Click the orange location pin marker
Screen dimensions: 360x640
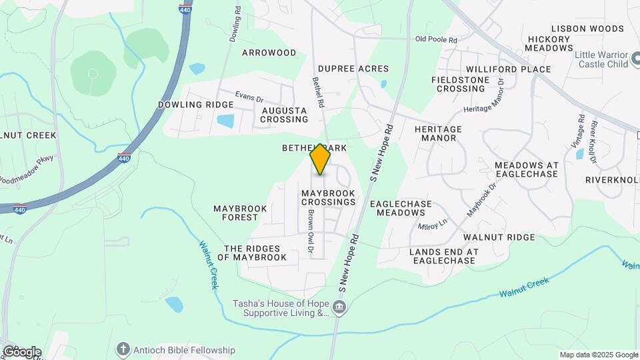click(x=320, y=159)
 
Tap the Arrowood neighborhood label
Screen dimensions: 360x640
click(x=269, y=53)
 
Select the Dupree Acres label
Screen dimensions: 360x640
click(x=353, y=69)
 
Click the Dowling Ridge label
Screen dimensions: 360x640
click(x=195, y=105)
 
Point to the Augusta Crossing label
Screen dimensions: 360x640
click(x=284, y=115)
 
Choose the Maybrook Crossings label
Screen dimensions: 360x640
click(x=329, y=197)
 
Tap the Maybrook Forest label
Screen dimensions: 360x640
click(x=240, y=213)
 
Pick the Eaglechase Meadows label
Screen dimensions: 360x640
click(x=401, y=208)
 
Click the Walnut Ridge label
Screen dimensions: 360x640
click(x=499, y=237)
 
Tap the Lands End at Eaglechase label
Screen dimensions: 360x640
click(x=444, y=256)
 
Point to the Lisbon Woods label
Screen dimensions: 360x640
click(x=587, y=29)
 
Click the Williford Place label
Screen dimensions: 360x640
click(x=508, y=69)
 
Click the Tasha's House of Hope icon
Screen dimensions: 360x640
click(x=340, y=307)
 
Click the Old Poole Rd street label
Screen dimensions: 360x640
click(x=436, y=40)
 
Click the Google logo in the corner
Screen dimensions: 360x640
click(x=21, y=351)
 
